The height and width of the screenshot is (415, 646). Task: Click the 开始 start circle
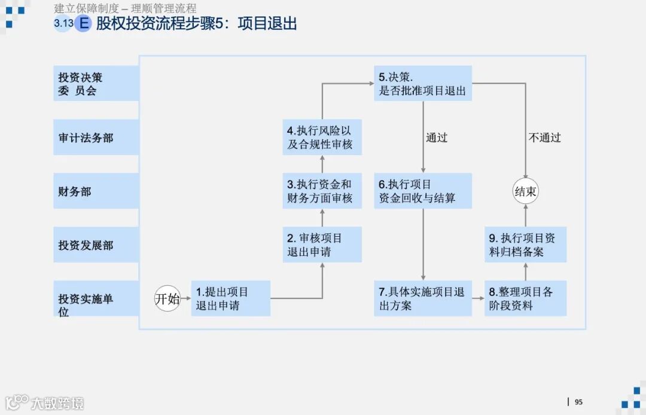point(167,298)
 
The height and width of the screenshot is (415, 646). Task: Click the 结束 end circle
point(525,191)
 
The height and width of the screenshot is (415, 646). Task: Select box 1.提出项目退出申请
point(230,298)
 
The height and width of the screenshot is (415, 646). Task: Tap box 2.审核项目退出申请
point(322,245)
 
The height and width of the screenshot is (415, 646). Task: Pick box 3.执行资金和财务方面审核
point(322,191)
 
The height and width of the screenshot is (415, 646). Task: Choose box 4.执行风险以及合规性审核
point(322,138)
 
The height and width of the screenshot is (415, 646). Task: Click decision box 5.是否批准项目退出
point(423,84)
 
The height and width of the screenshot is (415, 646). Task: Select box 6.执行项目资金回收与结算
point(423,191)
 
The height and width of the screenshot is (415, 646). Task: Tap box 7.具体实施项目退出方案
point(423,298)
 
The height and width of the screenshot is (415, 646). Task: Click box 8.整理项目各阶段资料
point(525,298)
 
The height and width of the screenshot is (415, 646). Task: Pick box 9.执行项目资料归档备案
point(525,245)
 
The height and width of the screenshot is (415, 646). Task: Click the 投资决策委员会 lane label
point(96,84)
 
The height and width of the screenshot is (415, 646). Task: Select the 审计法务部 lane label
point(96,138)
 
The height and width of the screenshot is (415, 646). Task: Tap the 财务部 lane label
point(96,191)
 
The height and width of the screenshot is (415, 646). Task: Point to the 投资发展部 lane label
point(96,245)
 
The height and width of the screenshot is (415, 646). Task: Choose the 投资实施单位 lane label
point(96,304)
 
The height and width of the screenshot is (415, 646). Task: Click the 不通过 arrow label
point(544,138)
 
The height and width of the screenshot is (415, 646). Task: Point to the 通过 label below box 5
point(437,138)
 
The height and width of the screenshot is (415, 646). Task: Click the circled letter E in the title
point(84,23)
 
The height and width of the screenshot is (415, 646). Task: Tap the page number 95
point(578,402)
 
